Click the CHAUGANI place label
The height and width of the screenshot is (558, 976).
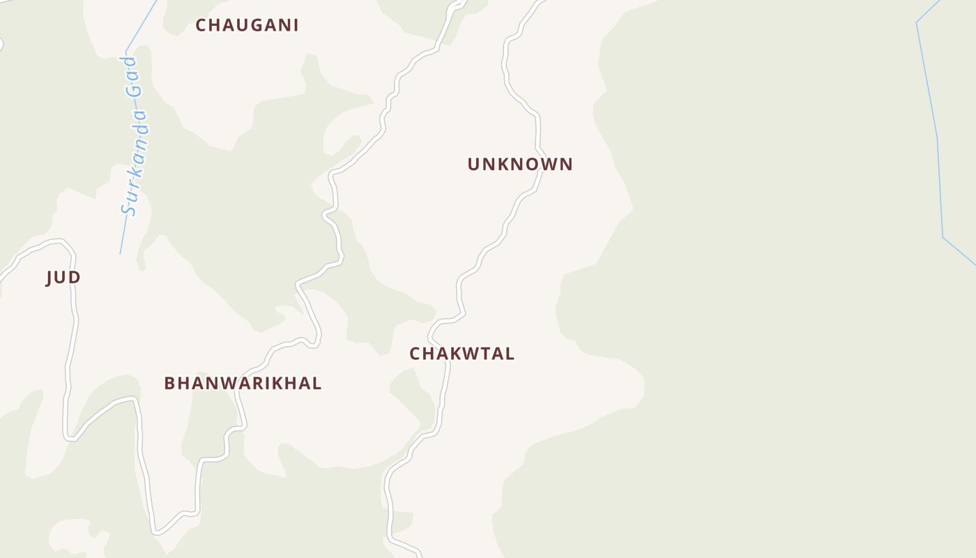click(x=247, y=25)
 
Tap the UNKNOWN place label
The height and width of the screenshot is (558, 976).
click(x=520, y=165)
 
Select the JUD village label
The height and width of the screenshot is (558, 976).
click(x=63, y=278)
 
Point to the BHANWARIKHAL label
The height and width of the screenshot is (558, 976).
click(x=243, y=383)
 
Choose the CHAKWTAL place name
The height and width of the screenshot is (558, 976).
click(x=462, y=354)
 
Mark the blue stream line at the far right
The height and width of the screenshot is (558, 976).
click(x=938, y=139)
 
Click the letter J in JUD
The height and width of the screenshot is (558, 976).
click(x=49, y=278)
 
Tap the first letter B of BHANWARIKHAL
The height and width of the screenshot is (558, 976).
click(x=169, y=383)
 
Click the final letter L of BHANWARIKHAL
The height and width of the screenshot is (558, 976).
click(x=317, y=383)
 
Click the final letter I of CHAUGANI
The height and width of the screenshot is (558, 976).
click(x=296, y=25)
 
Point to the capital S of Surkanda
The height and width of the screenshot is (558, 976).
click(x=128, y=208)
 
